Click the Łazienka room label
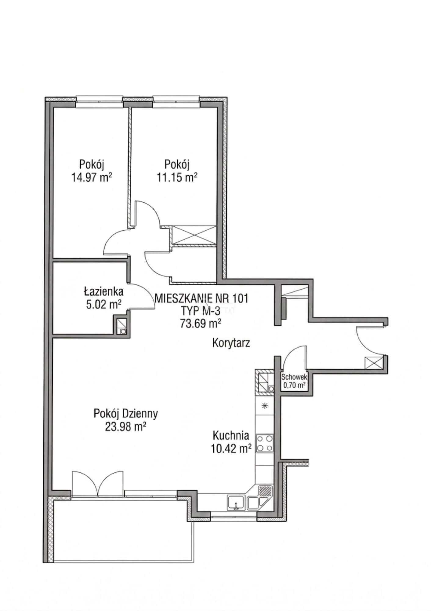click(x=104, y=291)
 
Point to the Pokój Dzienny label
click(x=126, y=414)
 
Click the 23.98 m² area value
click(x=125, y=426)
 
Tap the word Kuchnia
click(x=231, y=435)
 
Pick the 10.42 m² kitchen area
click(x=231, y=448)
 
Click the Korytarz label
click(x=231, y=343)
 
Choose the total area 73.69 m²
click(x=201, y=323)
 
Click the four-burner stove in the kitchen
click(x=265, y=443)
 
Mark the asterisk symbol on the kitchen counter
click(x=265, y=406)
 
